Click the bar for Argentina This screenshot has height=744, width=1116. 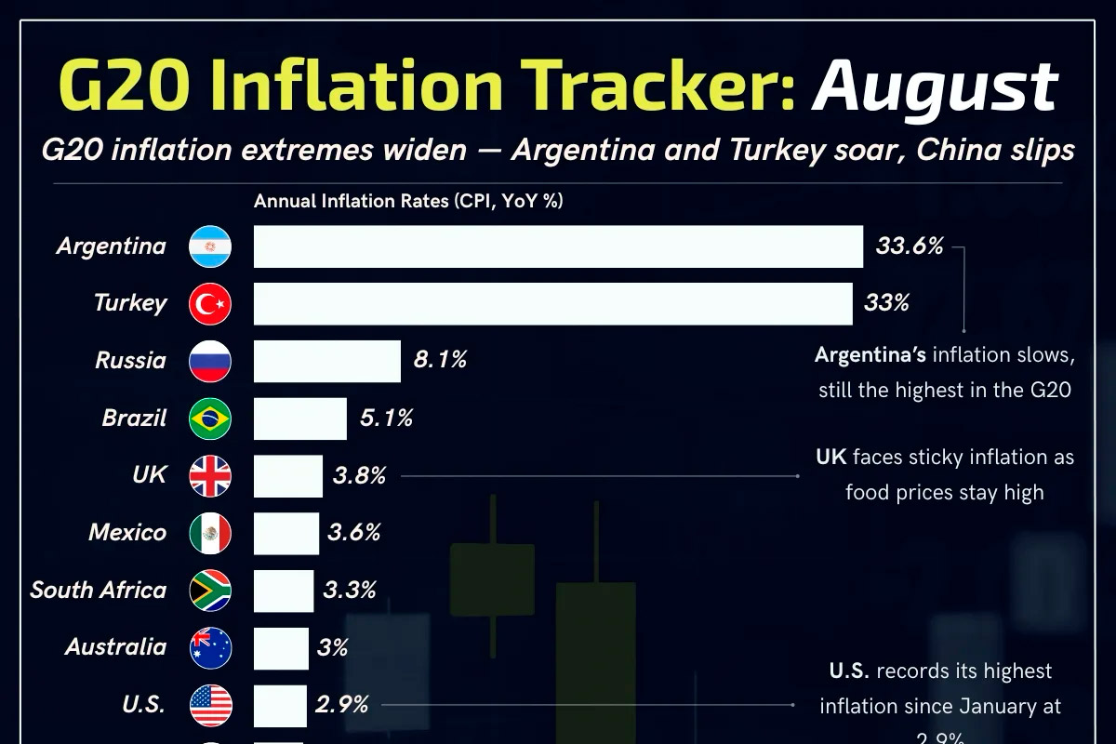coord(558,246)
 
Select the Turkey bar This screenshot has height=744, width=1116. coord(553,304)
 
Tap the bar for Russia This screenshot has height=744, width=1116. coord(327,361)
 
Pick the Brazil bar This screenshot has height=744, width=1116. coord(300,418)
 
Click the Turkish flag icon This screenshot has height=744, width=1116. coord(210,304)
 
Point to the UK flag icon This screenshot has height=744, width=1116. coord(210,476)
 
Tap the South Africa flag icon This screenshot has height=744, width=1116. coord(210,591)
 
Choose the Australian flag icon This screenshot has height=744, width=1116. coord(210,648)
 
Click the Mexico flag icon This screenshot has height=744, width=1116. coord(210,534)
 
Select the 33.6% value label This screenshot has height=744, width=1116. coord(910,246)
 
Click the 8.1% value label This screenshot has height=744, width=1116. coord(440,361)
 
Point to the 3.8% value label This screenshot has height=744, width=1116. coord(359,476)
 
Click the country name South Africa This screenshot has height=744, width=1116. coord(99,590)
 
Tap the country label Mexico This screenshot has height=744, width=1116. coord(127,533)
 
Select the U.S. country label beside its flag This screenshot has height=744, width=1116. coord(144,704)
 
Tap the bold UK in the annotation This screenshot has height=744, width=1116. coord(830,457)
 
